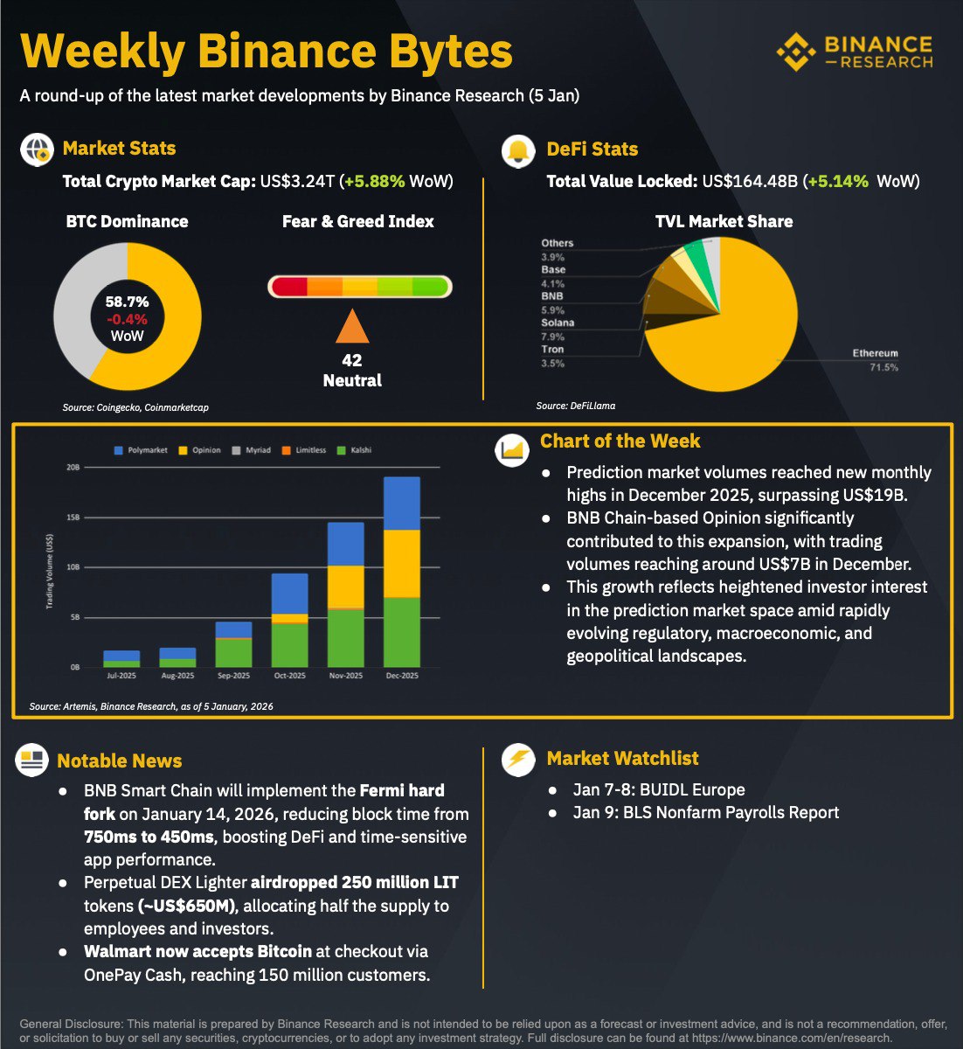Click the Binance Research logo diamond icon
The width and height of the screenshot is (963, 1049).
795,52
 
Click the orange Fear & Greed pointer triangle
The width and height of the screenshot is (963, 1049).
352,327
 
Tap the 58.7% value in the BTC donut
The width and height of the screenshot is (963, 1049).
128,302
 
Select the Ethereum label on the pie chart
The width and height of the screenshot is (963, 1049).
875,353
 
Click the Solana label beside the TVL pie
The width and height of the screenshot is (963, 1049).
558,323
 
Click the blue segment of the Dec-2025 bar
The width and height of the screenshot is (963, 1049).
402,504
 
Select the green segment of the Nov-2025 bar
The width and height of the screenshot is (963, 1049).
346,637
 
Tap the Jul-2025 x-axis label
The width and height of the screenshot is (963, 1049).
121,676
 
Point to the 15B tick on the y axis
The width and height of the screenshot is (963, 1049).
73,518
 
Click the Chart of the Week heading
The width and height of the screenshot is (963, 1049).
620,441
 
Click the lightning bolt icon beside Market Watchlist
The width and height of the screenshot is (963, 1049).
518,759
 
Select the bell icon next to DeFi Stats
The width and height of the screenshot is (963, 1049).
518,150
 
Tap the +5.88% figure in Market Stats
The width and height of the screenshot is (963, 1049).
375,182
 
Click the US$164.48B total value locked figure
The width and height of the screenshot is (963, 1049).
750,182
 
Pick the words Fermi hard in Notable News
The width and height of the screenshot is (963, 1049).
402,790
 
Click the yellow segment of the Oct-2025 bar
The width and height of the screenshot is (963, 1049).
290,618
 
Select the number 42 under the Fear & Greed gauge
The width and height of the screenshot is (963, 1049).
352,360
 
